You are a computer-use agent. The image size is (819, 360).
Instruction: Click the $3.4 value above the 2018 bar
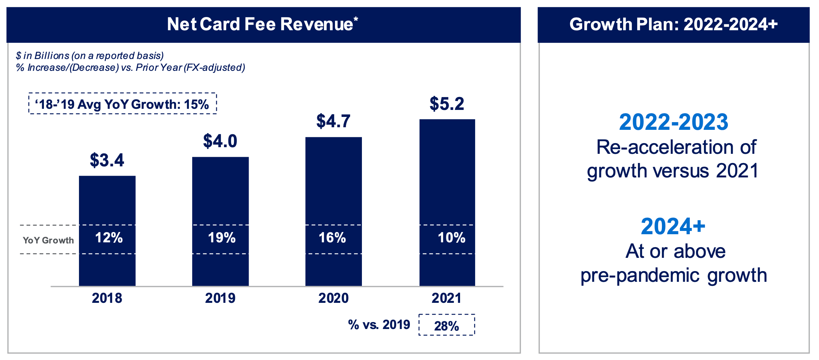107,160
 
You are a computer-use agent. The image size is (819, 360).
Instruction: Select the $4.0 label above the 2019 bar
220,141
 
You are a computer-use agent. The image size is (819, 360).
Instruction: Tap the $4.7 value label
333,121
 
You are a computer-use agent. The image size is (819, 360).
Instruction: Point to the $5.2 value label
447,104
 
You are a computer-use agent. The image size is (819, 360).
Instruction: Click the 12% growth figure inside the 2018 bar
109,238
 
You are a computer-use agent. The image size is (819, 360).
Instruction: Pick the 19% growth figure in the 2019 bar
222,238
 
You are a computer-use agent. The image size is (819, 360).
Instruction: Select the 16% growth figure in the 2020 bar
332,238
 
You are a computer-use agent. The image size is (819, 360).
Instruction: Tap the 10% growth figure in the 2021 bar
452,238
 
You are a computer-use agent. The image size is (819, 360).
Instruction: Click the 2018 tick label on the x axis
107,298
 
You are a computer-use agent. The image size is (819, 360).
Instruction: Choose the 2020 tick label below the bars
333,298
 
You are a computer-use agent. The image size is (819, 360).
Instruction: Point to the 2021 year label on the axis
447,298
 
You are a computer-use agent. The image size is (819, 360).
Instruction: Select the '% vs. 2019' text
379,325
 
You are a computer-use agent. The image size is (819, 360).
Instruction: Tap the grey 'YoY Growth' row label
48,240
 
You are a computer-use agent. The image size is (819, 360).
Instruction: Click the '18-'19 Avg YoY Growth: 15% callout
122,104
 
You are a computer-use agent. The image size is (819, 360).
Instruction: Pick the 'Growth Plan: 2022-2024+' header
674,24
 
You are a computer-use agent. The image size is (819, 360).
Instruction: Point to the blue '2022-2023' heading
674,122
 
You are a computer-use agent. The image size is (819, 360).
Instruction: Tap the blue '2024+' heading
673,226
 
